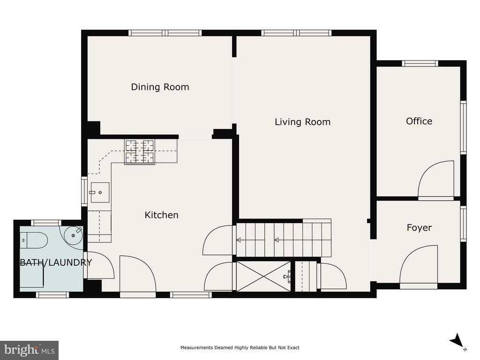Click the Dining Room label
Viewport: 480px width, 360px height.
point(160,87)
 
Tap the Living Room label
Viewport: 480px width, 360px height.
point(302,122)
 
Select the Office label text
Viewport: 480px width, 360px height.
point(419,121)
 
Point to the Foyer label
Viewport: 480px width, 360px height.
point(419,228)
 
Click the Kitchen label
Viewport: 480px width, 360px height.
point(161,215)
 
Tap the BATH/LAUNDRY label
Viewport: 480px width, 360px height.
point(56,262)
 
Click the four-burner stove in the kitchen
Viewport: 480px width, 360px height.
point(140,152)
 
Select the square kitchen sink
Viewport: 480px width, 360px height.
point(100,193)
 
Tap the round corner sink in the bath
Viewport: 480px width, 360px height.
point(74,235)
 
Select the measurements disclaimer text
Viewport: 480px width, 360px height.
point(240,347)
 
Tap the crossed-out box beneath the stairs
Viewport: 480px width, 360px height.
point(263,276)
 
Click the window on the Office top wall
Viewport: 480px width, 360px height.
point(420,63)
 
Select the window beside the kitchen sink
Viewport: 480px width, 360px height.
point(84,191)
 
